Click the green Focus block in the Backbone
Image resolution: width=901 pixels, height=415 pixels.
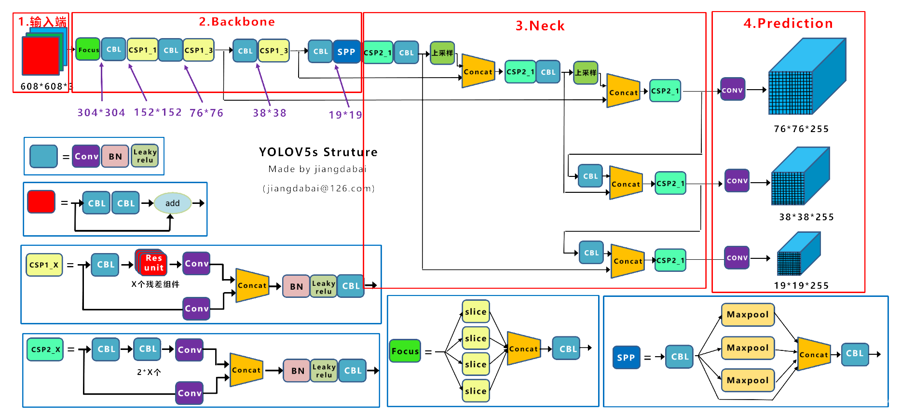[x=88, y=50]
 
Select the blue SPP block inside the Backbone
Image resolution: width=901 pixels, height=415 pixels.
[x=346, y=52]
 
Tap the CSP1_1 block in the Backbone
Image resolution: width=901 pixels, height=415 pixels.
[x=142, y=50]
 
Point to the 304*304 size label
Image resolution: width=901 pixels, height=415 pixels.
[x=101, y=113]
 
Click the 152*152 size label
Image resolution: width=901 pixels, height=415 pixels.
[x=158, y=112]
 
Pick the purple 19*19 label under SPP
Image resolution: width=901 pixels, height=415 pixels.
[x=345, y=115]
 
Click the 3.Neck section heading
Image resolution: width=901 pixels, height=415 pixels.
[x=540, y=26]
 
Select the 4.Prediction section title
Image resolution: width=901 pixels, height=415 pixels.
[x=788, y=24]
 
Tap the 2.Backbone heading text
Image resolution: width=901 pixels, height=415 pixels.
[x=237, y=22]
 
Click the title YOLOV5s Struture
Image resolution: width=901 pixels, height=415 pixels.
[x=318, y=152]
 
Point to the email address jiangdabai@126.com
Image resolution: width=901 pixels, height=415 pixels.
[x=319, y=188]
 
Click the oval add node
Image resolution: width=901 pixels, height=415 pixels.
[x=172, y=203]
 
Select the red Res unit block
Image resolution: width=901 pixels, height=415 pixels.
[x=153, y=263]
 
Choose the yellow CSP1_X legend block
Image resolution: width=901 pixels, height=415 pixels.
[x=44, y=265]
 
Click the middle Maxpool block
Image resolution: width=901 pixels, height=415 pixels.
[x=747, y=348]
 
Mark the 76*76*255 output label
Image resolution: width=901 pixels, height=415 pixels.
[x=801, y=129]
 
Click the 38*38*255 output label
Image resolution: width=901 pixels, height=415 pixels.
[x=806, y=217]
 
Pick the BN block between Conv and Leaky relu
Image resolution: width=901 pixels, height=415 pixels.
[x=115, y=157]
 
